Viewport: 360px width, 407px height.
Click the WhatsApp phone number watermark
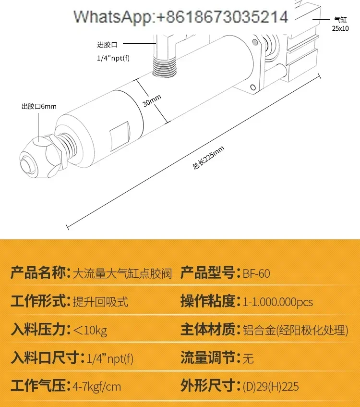180,18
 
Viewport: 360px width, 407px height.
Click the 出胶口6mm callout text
38,107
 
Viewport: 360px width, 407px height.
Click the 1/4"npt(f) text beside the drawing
113,59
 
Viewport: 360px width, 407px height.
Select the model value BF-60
256,274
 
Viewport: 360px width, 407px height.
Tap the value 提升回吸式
100,302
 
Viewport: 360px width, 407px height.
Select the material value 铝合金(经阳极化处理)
295,330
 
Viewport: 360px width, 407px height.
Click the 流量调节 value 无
248,358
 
